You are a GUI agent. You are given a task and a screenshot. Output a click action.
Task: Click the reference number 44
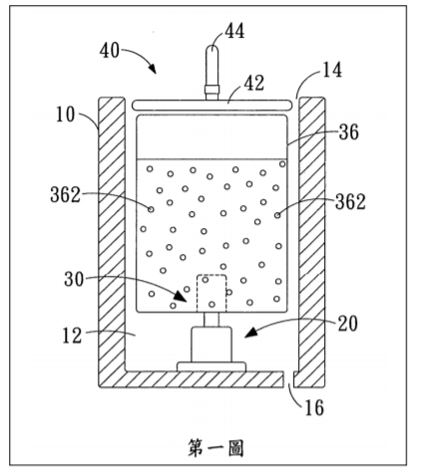234,31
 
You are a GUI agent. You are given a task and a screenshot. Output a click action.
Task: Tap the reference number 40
110,51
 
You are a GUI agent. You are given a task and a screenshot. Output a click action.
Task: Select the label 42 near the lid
254,83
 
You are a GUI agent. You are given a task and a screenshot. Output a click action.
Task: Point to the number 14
332,70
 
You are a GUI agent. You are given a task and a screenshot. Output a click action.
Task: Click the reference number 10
65,115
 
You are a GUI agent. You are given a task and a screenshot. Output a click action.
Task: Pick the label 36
349,132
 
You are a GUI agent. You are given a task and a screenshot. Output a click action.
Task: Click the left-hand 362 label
66,194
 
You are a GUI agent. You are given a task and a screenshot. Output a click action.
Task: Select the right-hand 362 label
350,202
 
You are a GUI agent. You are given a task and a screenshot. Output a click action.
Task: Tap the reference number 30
74,279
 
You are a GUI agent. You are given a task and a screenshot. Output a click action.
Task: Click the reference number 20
348,324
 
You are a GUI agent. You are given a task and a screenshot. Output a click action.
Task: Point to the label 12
72,336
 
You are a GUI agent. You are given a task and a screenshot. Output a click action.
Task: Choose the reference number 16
314,407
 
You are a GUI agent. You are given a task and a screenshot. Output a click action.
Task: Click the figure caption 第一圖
215,448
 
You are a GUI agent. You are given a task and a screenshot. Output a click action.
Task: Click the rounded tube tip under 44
211,50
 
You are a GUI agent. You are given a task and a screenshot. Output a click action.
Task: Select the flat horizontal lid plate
212,105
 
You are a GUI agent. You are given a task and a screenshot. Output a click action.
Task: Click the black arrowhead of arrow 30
181,297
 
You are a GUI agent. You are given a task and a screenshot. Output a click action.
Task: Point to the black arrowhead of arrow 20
250,333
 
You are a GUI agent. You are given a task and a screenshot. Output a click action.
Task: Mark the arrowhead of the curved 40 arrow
153,69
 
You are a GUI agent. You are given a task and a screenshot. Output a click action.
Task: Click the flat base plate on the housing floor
211,366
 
